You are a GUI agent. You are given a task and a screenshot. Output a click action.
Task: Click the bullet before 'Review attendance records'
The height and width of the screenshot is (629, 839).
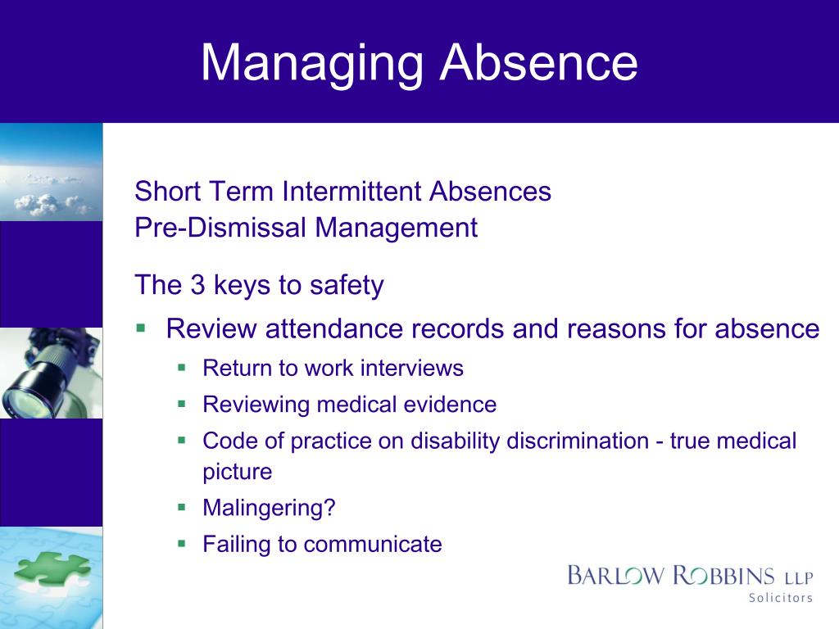pyautogui.click(x=140, y=328)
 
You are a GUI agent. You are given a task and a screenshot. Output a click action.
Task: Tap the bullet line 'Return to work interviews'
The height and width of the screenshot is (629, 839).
pyautogui.click(x=333, y=369)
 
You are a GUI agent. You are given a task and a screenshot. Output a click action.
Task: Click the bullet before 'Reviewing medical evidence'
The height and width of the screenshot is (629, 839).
pyautogui.click(x=182, y=404)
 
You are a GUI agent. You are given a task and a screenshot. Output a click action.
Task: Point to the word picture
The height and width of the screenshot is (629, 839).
pyautogui.click(x=237, y=472)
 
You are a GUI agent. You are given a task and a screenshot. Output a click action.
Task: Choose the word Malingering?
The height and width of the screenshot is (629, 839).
pyautogui.click(x=269, y=508)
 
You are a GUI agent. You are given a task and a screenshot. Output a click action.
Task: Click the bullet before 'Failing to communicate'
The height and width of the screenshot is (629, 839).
pyautogui.click(x=182, y=543)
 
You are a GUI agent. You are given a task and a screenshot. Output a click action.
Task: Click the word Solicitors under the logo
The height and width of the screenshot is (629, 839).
pyautogui.click(x=780, y=598)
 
